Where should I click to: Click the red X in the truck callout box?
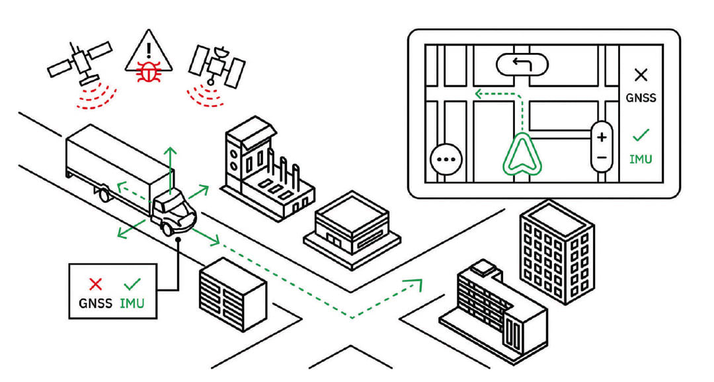(x=96, y=284)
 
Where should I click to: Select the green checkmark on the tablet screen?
(x=641, y=136)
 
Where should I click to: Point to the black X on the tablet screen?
(x=641, y=75)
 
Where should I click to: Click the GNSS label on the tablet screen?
(x=641, y=98)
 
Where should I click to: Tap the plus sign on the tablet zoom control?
(x=602, y=137)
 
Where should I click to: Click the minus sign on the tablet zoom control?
(x=602, y=157)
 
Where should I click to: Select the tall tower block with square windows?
(x=556, y=251)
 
